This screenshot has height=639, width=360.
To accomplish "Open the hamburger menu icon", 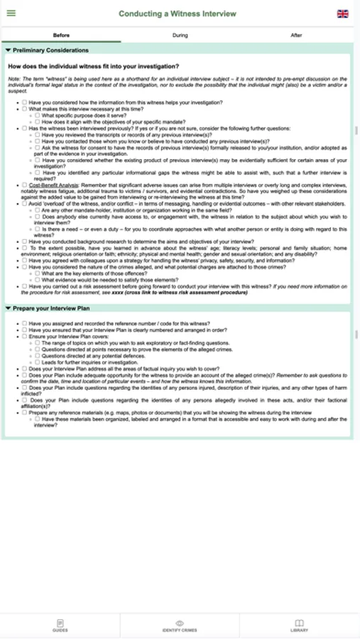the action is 10,13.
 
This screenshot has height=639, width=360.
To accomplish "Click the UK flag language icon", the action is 343,13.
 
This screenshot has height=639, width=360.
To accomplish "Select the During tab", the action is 180,35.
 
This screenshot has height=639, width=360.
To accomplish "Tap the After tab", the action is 296,35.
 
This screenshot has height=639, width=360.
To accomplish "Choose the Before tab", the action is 61,35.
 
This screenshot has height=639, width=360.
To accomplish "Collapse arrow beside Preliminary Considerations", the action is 8,50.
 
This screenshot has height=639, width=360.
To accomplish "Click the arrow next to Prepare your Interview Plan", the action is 8,309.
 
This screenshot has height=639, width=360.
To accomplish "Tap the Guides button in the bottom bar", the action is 60,626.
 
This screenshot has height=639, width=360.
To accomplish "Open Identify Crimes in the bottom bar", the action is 180,626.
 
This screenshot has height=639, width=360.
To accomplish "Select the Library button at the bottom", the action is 299,626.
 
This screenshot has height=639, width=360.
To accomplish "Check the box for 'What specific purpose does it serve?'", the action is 38,115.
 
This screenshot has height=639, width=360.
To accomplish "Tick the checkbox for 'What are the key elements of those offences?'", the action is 38,273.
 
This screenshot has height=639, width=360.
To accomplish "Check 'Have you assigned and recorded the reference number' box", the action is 24,323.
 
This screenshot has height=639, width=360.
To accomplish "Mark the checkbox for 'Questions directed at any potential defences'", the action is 38,356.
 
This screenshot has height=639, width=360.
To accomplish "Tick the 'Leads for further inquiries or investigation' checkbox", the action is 38,362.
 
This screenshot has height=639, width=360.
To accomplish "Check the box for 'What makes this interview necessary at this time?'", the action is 24,109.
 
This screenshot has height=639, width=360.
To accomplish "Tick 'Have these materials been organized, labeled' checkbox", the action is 38,419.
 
